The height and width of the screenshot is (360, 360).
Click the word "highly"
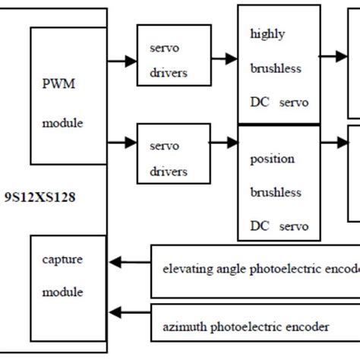(267, 34)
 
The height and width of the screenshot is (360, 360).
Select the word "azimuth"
(184, 327)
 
